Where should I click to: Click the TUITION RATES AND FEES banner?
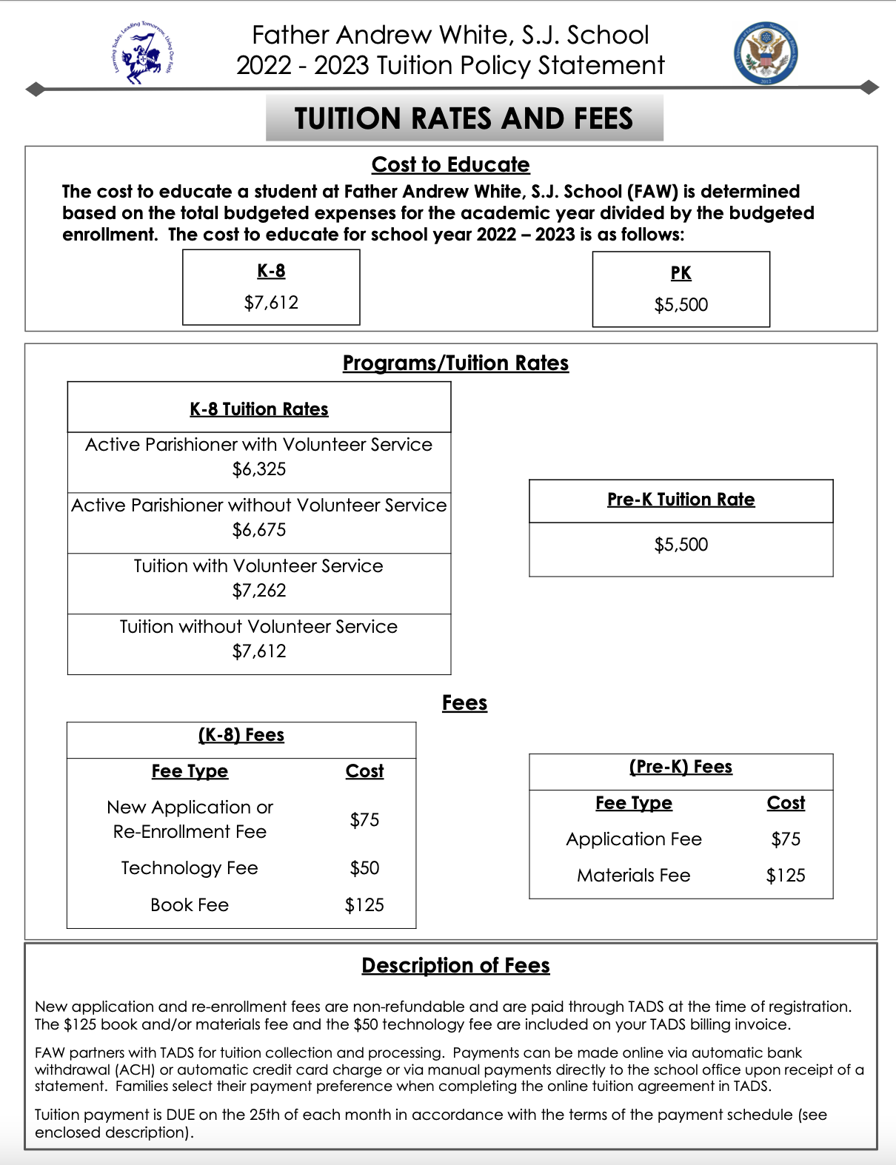(464, 118)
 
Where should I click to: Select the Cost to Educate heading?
(450, 164)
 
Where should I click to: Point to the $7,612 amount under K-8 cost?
(271, 303)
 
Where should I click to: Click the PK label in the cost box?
(681, 273)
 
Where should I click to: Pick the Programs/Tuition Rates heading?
(455, 363)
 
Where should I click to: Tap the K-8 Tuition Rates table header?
(259, 409)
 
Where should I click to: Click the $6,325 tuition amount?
(259, 469)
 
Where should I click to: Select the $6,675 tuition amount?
(259, 530)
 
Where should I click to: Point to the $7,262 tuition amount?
(259, 591)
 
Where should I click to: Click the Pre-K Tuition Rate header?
(681, 500)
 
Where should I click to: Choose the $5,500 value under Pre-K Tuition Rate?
(681, 545)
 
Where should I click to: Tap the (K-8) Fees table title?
(241, 735)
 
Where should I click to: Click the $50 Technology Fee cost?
(364, 868)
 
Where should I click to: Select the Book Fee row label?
(190, 905)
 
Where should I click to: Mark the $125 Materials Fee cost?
(786, 876)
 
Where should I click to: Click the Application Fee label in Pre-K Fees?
(634, 839)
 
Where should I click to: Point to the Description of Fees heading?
(455, 965)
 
